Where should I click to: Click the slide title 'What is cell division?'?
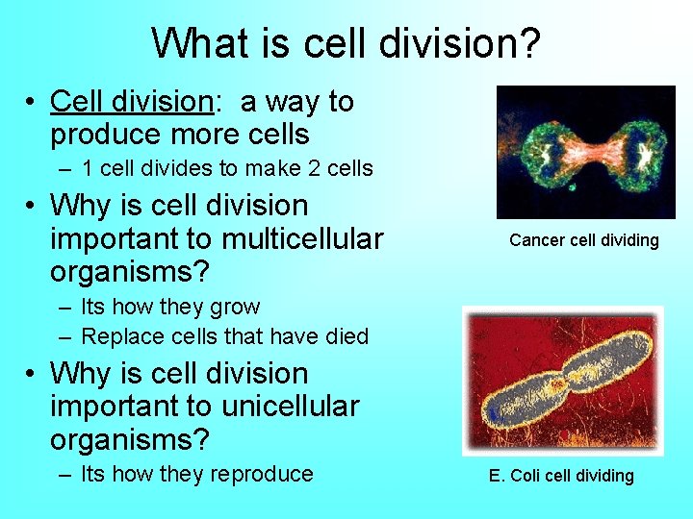click(346, 42)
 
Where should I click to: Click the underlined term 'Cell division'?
click(130, 101)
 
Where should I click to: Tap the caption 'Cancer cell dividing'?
click(583, 240)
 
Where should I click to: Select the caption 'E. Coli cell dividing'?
click(561, 476)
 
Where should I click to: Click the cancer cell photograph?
click(585, 153)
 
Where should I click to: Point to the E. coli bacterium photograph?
click(563, 381)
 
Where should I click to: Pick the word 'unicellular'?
click(290, 407)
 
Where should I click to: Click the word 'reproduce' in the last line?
click(262, 474)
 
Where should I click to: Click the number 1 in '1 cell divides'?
click(88, 168)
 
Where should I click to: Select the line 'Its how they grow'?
click(170, 307)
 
